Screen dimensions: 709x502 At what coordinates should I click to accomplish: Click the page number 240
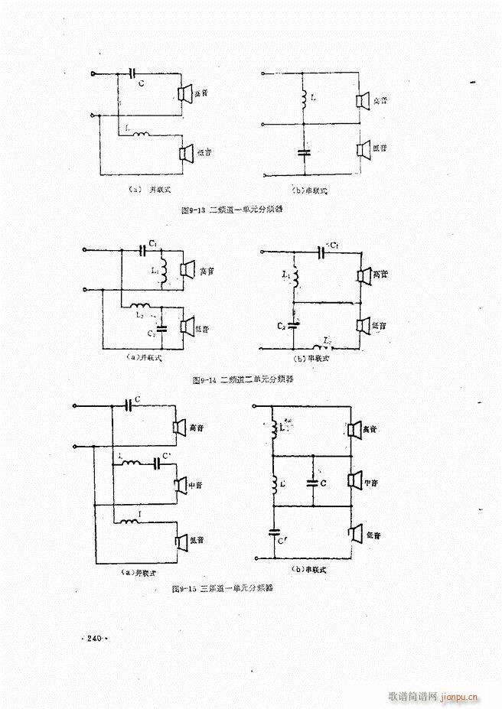[95, 638]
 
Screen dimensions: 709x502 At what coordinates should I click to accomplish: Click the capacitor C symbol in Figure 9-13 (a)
[135, 74]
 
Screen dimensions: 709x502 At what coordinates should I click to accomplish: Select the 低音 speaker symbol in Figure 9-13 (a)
[184, 153]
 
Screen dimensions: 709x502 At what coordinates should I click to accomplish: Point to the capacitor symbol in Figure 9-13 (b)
[303, 151]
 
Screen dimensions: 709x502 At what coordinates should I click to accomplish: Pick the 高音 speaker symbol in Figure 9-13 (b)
[363, 101]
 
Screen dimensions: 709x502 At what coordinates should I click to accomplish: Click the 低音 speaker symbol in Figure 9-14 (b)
[363, 325]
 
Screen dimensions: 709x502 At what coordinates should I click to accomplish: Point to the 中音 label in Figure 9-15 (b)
[373, 483]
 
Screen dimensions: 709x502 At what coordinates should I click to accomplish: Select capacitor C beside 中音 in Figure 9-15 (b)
[312, 482]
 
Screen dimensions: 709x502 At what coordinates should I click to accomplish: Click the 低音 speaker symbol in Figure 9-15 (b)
[354, 533]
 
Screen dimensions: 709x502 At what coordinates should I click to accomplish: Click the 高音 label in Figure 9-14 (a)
[204, 270]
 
